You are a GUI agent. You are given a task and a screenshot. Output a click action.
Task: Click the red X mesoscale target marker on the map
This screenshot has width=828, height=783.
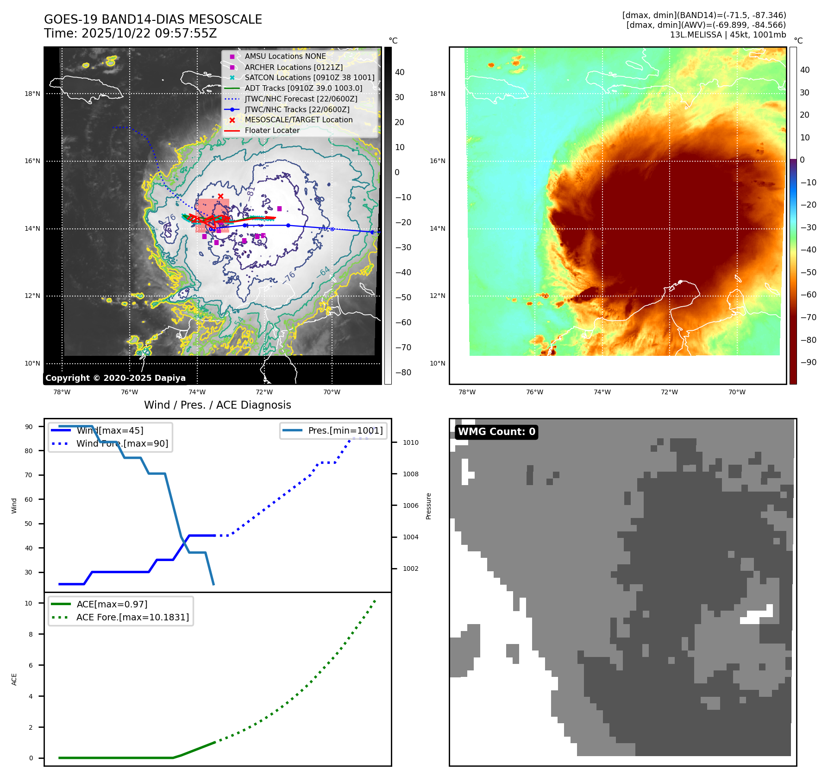[220, 196]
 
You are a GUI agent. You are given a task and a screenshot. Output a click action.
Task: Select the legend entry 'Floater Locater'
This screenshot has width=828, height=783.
[272, 131]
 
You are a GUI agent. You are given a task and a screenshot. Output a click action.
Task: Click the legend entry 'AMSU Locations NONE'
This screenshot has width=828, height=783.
[285, 57]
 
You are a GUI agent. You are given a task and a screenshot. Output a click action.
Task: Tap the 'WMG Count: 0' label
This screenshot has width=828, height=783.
[496, 432]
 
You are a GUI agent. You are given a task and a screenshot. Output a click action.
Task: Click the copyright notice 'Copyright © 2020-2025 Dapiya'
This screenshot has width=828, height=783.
[115, 378]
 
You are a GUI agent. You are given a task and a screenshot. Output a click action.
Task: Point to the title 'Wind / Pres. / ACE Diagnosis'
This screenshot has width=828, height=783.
[217, 405]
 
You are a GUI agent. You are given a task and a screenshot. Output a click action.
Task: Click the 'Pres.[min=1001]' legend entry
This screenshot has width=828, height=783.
[345, 431]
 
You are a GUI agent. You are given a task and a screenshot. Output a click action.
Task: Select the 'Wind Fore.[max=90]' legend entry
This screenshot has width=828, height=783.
[122, 444]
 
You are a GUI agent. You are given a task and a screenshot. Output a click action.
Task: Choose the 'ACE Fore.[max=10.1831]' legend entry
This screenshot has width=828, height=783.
[132, 618]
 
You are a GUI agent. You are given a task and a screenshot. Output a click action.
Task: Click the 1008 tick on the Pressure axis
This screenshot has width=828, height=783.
[410, 474]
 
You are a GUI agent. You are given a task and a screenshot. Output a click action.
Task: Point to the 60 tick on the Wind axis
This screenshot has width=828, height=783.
[29, 499]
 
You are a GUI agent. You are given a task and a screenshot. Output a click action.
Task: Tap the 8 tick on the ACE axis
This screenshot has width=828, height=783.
[31, 634]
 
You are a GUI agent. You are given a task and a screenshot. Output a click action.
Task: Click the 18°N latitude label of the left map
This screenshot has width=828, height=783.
[32, 94]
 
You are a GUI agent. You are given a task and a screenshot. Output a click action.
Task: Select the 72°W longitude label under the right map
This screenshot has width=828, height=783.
[669, 392]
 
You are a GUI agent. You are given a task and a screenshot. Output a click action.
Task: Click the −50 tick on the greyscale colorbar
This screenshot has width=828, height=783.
[403, 297]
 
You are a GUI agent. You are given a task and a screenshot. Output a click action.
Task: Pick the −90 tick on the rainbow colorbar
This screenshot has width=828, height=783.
[808, 362]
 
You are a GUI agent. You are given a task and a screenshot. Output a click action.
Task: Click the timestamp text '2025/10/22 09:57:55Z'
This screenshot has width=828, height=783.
[149, 34]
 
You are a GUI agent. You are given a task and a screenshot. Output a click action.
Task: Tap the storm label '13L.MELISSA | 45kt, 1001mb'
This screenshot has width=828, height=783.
[728, 35]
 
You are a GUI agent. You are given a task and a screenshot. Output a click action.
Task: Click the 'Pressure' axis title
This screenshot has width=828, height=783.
[428, 506]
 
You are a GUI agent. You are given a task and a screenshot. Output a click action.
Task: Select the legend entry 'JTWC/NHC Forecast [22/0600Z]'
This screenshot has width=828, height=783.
[301, 99]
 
